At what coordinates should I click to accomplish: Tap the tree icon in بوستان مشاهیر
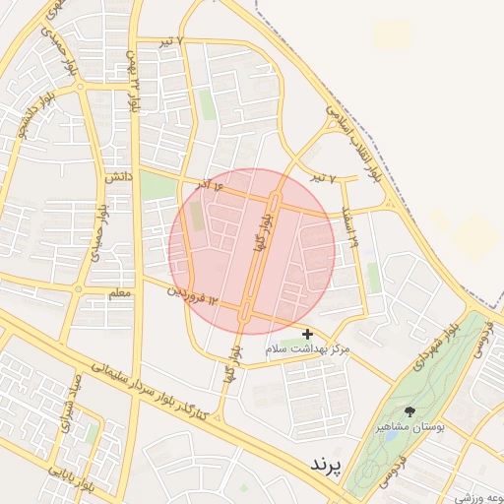point(409,412)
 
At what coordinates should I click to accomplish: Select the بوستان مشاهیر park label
point(410,429)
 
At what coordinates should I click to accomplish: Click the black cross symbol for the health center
point(308,335)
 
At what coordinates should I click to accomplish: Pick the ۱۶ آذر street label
point(206,184)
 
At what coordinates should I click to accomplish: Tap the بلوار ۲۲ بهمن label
point(133,79)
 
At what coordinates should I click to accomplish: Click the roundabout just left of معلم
point(80,289)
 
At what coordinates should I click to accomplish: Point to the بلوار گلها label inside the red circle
point(261,234)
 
